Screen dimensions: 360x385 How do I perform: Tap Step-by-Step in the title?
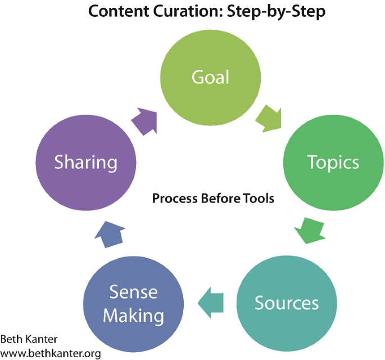coord(278,11)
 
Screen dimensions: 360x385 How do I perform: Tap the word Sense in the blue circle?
coord(134,292)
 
